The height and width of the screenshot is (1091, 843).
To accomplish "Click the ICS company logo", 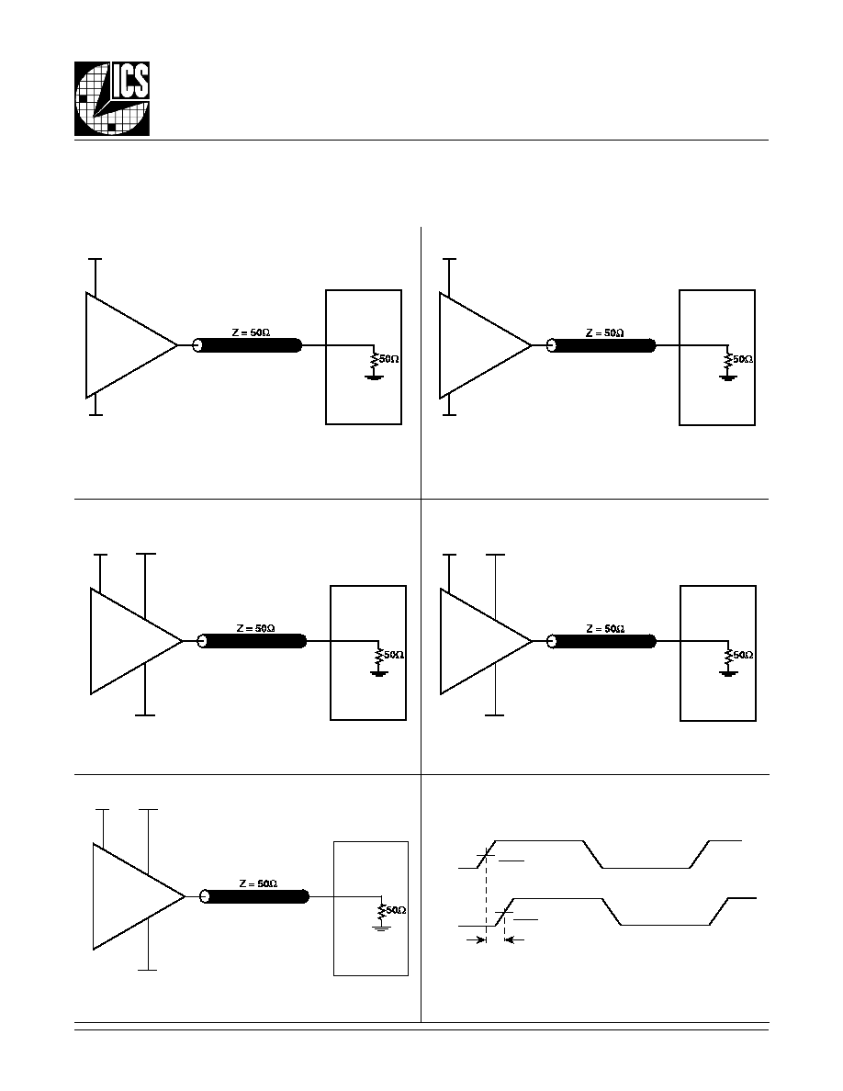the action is coord(112,99).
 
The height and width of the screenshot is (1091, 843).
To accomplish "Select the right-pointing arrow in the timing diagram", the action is coord(476,940).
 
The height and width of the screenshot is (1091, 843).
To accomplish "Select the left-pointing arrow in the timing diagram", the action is coord(512,940).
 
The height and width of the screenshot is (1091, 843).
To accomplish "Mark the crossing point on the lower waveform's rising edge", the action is coord(504,912).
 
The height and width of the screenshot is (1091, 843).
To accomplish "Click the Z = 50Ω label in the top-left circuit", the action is coord(251,332).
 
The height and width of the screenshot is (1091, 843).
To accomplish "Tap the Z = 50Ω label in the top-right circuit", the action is coord(604,332).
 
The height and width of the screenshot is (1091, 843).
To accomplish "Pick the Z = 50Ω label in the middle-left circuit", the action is coord(255,628).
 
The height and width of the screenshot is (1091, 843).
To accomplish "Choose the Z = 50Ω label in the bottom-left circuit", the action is coord(258,883).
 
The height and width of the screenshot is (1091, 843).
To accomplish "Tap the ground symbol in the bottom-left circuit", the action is coord(381,927).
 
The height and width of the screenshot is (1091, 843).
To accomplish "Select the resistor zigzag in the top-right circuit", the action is coord(727,360).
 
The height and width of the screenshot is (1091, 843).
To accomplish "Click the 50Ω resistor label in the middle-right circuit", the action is coord(744,655).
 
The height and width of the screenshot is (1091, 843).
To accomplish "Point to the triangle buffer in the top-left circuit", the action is coord(131,345).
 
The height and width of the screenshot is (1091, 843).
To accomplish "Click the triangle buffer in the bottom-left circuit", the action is coord(139,896).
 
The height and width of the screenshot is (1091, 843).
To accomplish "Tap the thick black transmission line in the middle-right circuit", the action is coord(602,641).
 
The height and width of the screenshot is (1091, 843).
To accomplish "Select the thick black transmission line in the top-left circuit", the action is coord(248,345).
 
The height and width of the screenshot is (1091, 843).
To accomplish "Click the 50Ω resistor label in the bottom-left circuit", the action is coord(397,910).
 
